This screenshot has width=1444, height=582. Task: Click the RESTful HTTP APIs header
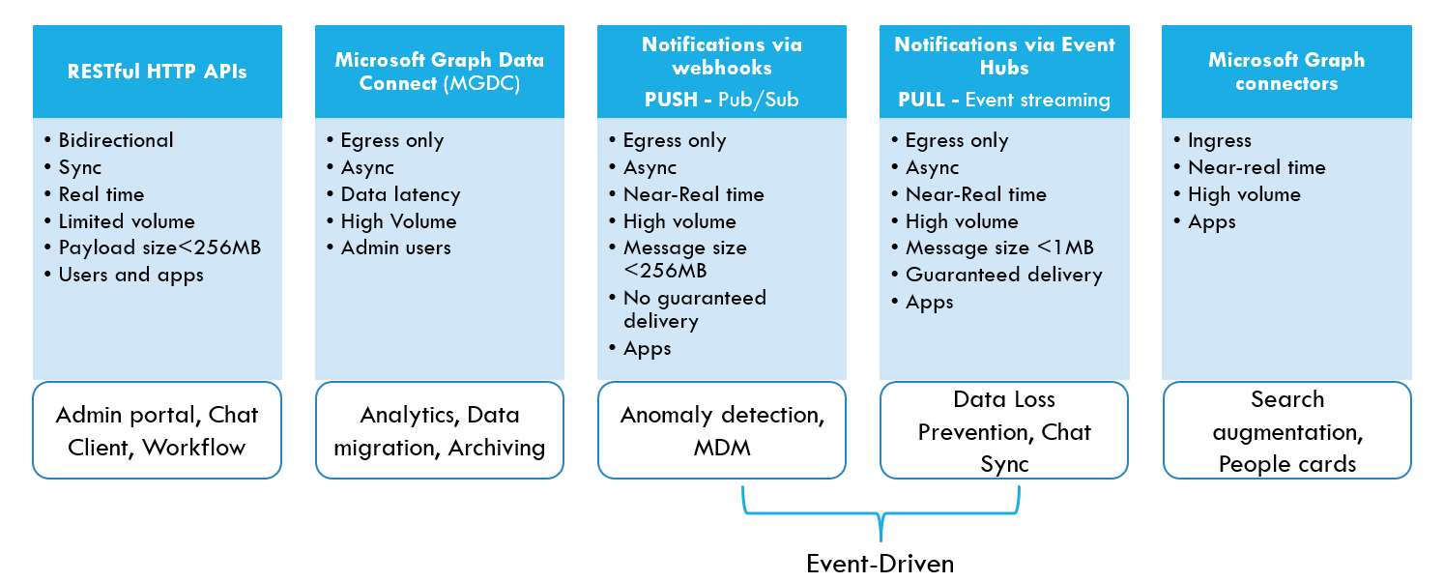click(x=157, y=71)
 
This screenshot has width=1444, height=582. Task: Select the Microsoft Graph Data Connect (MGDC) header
click(x=439, y=72)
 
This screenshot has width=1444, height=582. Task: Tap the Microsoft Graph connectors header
click(x=1285, y=72)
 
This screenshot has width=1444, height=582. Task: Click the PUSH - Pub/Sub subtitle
click(x=721, y=100)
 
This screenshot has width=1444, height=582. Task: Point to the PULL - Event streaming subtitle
click(x=1003, y=100)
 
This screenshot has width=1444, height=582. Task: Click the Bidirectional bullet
click(x=115, y=140)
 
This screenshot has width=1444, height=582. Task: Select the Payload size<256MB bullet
click(x=159, y=247)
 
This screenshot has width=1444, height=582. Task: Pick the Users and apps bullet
click(x=130, y=275)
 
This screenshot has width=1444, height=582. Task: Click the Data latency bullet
click(x=400, y=194)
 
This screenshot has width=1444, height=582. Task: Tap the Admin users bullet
click(x=395, y=247)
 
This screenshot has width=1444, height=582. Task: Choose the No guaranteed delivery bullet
click(x=693, y=309)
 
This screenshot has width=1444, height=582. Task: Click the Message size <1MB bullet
click(x=998, y=247)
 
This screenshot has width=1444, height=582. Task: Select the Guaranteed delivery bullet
click(x=1003, y=275)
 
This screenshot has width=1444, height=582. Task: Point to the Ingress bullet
click(x=1219, y=140)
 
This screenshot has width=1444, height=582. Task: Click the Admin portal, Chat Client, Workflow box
click(x=157, y=430)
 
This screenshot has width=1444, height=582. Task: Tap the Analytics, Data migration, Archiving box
click(x=439, y=430)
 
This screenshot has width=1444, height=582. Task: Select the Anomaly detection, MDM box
click(x=721, y=430)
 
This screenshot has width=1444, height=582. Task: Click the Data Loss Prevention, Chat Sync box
click(x=1003, y=430)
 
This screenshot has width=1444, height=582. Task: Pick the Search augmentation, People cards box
click(x=1285, y=430)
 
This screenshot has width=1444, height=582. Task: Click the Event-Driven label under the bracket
click(x=880, y=564)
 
